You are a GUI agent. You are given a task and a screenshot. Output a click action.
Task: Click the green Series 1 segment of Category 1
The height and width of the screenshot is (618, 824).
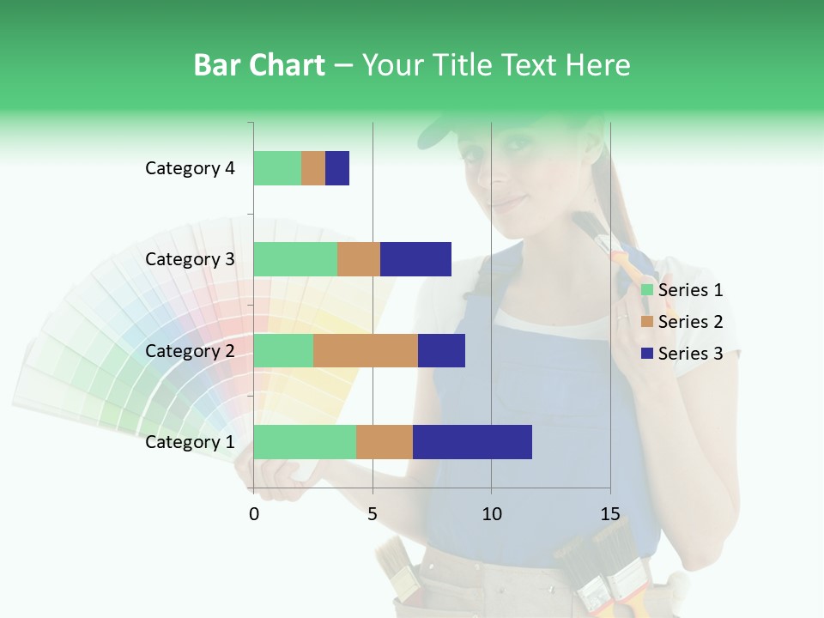coord(305,442)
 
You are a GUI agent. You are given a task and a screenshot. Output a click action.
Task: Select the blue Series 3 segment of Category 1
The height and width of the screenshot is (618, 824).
coord(472,442)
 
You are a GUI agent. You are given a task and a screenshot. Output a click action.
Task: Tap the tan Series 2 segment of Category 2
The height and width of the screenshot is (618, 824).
coord(366,350)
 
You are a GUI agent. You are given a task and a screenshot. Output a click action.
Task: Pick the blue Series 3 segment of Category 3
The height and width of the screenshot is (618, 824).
coord(415,259)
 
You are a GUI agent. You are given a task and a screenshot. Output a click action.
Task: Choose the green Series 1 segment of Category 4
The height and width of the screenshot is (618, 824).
coord(277,168)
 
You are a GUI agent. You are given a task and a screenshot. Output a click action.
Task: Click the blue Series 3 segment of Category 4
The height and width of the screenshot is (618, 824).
coord(337,168)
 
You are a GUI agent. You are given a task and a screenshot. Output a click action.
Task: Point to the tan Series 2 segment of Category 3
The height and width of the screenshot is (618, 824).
coord(359,259)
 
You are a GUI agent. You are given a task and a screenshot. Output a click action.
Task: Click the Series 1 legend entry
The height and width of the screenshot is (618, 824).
coord(682,290)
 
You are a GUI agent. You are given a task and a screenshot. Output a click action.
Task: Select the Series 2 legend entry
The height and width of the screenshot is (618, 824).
coord(682,322)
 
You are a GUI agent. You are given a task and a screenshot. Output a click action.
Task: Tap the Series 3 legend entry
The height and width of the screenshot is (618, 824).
coord(682,354)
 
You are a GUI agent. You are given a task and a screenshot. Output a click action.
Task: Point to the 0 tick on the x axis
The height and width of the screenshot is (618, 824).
coord(254,514)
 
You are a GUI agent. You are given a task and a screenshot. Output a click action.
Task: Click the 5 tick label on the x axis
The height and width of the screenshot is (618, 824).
coord(373,514)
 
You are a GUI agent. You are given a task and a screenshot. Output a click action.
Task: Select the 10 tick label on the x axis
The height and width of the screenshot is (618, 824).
coord(491,514)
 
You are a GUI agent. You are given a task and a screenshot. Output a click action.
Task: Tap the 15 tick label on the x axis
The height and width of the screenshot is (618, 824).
coord(609,514)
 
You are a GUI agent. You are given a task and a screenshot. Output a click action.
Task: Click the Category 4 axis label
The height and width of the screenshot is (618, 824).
coord(190,168)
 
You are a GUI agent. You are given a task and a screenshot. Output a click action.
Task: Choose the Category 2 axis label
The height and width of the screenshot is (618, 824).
coord(190,350)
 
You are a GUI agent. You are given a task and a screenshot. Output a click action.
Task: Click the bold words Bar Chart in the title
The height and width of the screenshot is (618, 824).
coord(258,65)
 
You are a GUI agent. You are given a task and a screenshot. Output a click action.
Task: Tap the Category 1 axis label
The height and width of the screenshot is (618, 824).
coord(190,442)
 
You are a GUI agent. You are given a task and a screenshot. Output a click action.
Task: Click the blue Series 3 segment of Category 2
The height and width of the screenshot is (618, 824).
coord(441,350)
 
